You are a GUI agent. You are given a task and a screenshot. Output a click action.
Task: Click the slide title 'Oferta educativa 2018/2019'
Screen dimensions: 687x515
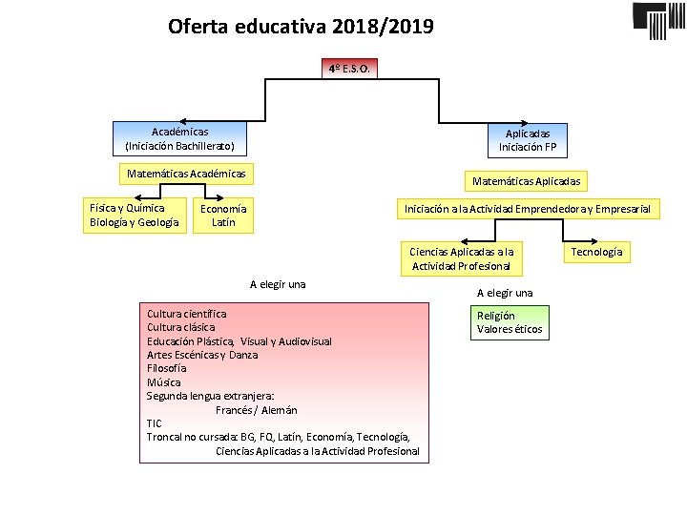[x=301, y=26]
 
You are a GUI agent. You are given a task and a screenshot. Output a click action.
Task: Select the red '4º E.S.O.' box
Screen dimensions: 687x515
[x=349, y=69]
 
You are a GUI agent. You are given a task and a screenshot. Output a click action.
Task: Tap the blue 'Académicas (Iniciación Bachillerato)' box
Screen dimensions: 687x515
[x=180, y=138]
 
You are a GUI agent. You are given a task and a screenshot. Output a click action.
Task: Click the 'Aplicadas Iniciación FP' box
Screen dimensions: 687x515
[x=528, y=140]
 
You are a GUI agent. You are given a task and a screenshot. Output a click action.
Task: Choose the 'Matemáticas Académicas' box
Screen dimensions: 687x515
[x=186, y=174]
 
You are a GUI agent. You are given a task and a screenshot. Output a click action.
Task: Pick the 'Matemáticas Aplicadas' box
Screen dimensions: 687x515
[x=526, y=180]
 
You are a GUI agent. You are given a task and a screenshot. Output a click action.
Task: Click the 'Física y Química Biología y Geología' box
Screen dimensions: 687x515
[x=134, y=216]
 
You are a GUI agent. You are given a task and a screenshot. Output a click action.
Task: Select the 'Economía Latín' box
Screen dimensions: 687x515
[x=223, y=216]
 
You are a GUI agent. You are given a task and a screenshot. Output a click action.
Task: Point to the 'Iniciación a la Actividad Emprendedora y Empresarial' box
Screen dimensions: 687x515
[x=527, y=208]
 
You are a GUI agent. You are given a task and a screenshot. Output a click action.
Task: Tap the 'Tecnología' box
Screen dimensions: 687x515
[x=596, y=252]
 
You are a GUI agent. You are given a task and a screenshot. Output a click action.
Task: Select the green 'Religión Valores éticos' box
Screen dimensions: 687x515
[x=510, y=322]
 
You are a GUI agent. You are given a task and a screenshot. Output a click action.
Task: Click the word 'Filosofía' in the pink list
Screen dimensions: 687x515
[x=167, y=368]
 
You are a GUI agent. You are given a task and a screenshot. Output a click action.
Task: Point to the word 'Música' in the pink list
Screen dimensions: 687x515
[x=163, y=381]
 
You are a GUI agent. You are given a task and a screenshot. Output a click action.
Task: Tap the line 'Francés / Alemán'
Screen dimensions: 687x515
[x=256, y=410]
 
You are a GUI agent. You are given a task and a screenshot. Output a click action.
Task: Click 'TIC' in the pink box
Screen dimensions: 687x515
[x=155, y=423]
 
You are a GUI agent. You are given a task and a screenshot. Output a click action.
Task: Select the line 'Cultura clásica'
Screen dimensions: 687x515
[x=180, y=327]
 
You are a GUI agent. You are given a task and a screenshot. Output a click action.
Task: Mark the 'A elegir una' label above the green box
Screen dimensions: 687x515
[x=505, y=293]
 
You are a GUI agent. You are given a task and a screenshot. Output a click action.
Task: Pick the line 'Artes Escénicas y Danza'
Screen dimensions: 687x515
[x=202, y=355]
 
